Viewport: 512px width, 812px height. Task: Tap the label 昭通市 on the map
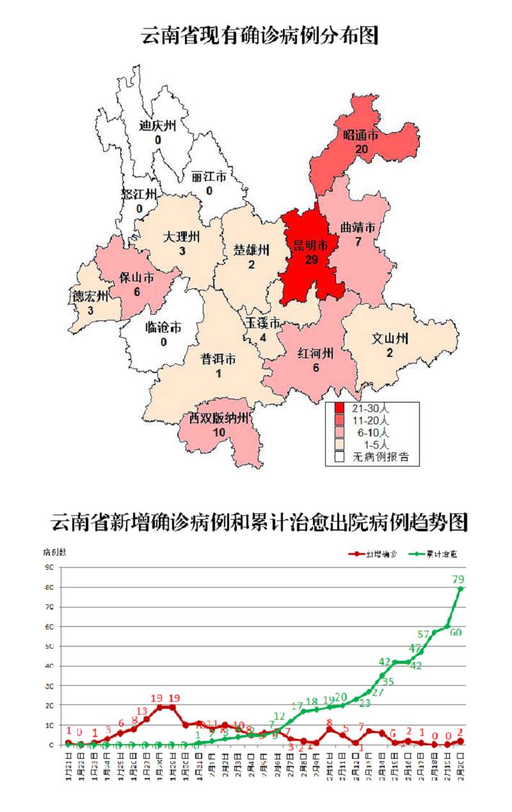(x=360, y=135)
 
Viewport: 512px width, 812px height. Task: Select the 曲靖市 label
(x=357, y=228)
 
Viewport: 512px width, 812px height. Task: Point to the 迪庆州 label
(x=157, y=126)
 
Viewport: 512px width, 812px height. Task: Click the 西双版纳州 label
(x=218, y=418)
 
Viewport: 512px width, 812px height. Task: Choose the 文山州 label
(x=390, y=338)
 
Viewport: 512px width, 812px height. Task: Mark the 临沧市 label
(x=163, y=327)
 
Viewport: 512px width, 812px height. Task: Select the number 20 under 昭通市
(x=362, y=149)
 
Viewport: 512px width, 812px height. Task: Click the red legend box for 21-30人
(x=339, y=408)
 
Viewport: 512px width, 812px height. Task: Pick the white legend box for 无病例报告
(x=339, y=457)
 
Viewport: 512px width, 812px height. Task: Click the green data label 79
(x=458, y=579)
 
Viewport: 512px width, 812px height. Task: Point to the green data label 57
(x=423, y=634)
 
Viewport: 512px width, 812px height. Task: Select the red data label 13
(x=141, y=711)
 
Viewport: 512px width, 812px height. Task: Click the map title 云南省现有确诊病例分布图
(x=259, y=37)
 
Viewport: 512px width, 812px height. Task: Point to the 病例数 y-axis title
(x=53, y=552)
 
